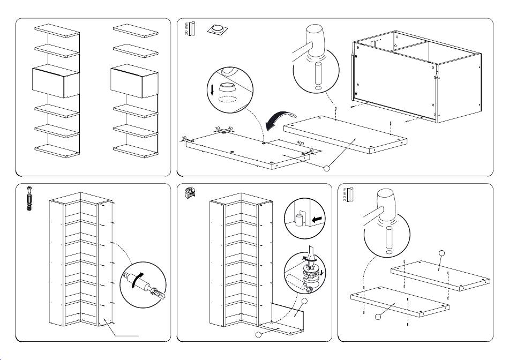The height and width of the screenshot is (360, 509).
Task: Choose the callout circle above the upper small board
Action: click(x=442, y=253)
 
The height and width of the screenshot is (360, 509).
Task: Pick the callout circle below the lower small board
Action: click(x=378, y=317)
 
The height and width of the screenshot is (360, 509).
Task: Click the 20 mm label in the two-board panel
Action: click(x=345, y=194)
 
